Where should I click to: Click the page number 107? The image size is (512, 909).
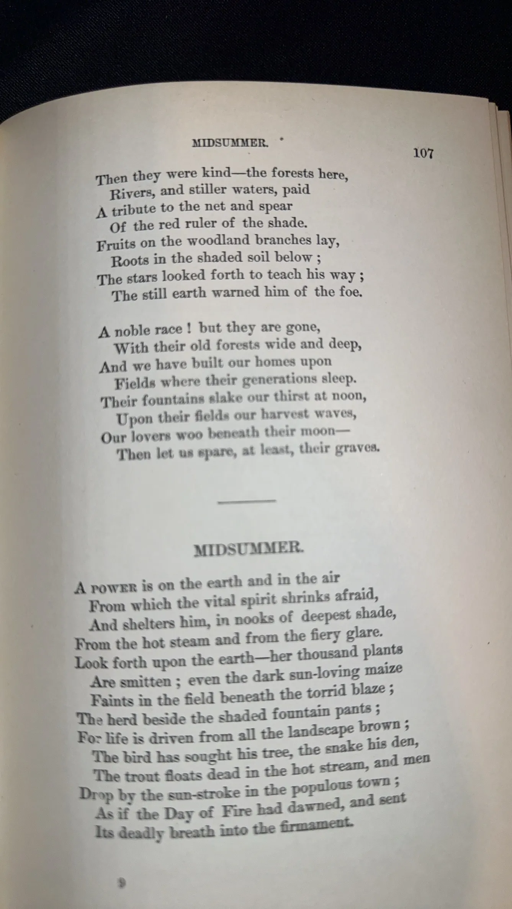pyautogui.click(x=423, y=153)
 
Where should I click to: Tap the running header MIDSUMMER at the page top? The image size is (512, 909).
pyautogui.click(x=229, y=143)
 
